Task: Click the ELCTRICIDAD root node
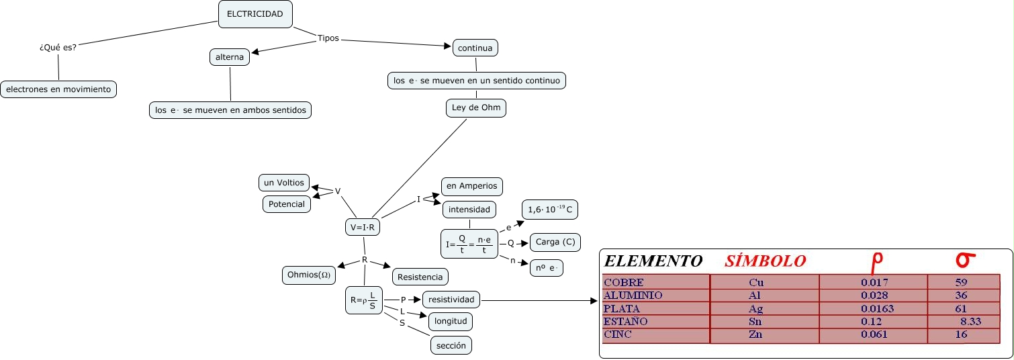pos(255,14)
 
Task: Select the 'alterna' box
pos(230,58)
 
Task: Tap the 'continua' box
pos(475,48)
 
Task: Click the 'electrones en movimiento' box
pos(58,89)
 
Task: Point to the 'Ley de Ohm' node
pos(476,107)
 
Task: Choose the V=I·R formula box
pos(363,228)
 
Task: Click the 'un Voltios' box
pos(284,183)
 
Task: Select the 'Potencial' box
pos(287,204)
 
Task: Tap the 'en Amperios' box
pos(471,186)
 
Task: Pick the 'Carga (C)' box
pos(555,242)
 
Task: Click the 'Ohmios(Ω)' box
pos(309,275)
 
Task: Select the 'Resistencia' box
pos(420,277)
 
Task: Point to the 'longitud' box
pos(451,321)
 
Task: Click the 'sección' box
pos(451,345)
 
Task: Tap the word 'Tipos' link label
pos(328,39)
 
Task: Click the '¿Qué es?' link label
pos(58,48)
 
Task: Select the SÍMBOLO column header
pos(765,261)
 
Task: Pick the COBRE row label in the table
pos(624,283)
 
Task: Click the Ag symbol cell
pos(755,309)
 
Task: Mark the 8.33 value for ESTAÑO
pos(970,322)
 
